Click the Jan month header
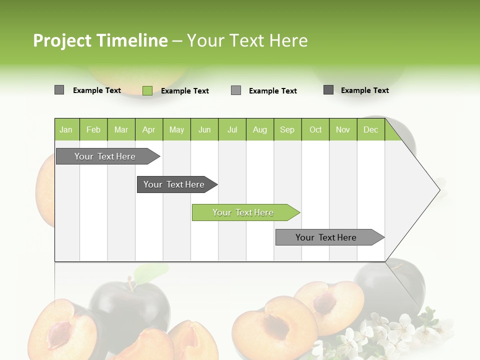click(66, 129)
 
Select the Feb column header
click(93, 129)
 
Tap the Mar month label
click(121, 129)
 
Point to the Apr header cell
click(149, 129)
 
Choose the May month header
click(176, 129)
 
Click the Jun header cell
click(204, 129)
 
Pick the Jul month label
click(232, 129)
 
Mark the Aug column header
click(260, 129)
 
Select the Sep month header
click(287, 129)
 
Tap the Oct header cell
click(315, 129)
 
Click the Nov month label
click(343, 129)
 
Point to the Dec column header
click(371, 129)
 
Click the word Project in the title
click(62, 40)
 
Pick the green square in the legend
click(147, 90)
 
